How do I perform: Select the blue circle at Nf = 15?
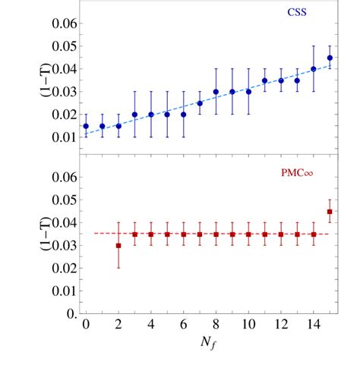coord(330,58)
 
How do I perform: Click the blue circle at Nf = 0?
coord(86,126)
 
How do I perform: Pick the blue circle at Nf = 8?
coord(216,92)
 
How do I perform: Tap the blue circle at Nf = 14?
coord(314,69)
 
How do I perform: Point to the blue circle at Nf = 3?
coord(134,115)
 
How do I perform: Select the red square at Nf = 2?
coord(118,246)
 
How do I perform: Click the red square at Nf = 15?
coord(330,212)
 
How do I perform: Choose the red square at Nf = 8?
coord(216,234)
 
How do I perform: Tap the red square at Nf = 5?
coord(167,234)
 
